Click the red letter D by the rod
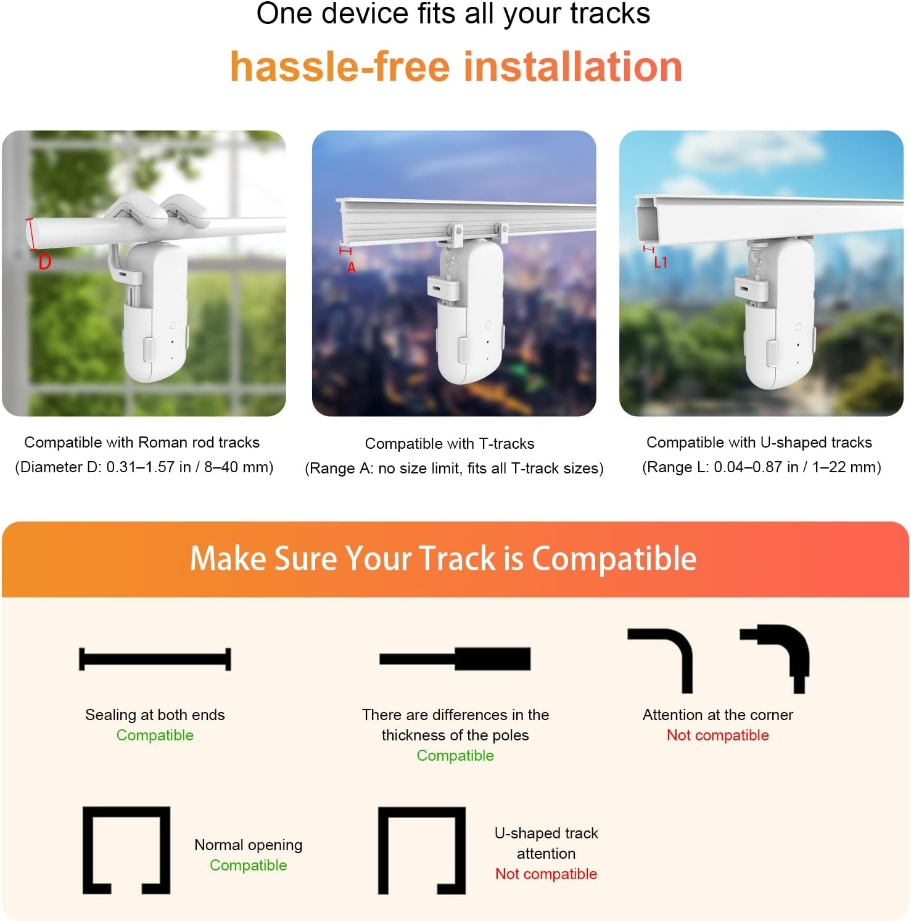click(x=44, y=262)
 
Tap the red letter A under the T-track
click(x=352, y=268)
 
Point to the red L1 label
click(x=661, y=263)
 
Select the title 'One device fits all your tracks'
click(x=453, y=14)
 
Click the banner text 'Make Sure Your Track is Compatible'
click(x=443, y=559)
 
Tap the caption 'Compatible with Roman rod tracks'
click(x=142, y=442)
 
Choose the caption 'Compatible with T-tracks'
click(x=450, y=443)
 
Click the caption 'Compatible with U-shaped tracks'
click(x=759, y=442)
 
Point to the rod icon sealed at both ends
click(x=155, y=659)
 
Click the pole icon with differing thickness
click(x=455, y=659)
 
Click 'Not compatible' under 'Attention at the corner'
click(x=718, y=735)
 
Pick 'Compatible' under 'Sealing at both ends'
click(x=155, y=735)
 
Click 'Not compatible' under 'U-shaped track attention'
click(x=546, y=874)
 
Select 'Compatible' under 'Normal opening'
click(x=249, y=865)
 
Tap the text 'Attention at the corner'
click(x=718, y=714)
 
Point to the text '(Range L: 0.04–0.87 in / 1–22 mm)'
click(x=762, y=467)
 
